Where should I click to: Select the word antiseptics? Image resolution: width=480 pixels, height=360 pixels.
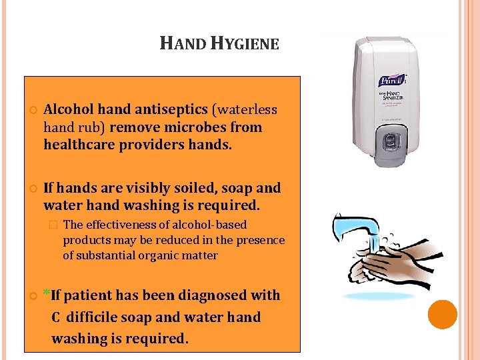170,109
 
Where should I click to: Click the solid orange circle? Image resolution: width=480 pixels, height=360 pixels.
443,315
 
